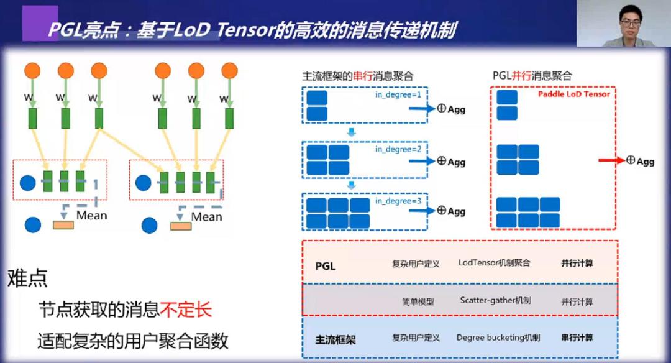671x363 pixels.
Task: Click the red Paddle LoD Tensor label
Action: click(x=573, y=94)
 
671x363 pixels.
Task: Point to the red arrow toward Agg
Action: click(x=611, y=160)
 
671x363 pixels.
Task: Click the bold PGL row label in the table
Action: click(x=326, y=266)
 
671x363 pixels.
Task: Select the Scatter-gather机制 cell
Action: click(x=495, y=301)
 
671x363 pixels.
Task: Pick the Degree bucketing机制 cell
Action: click(x=498, y=338)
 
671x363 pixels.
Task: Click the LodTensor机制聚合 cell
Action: click(x=495, y=263)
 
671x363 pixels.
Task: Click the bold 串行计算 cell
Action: click(x=577, y=338)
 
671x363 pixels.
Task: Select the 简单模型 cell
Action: click(x=418, y=301)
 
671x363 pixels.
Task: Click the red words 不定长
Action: click(x=186, y=310)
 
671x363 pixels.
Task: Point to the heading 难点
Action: click(x=27, y=278)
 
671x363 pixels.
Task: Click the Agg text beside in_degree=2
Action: click(x=457, y=162)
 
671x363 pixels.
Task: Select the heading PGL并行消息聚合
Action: click(x=532, y=76)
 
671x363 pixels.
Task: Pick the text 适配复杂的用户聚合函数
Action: click(x=132, y=341)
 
